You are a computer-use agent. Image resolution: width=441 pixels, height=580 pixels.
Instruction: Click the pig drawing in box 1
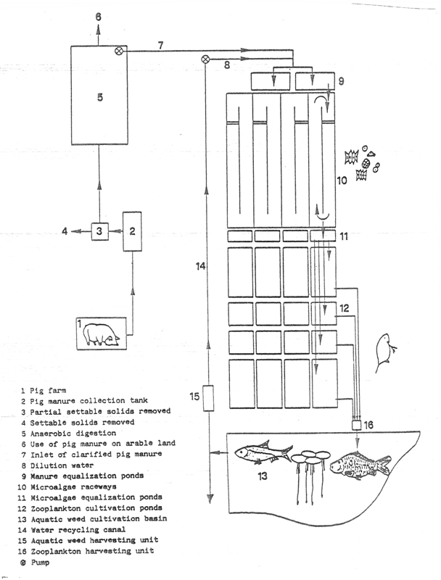[102, 334]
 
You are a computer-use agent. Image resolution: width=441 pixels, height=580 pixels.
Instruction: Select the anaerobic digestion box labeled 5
[99, 95]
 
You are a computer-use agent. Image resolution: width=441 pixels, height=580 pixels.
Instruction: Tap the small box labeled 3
[100, 231]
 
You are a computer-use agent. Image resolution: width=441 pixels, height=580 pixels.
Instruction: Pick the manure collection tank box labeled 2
[132, 231]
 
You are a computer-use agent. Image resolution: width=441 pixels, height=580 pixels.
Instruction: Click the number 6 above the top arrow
[98, 17]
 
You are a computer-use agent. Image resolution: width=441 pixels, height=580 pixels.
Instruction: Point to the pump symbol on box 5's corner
[120, 51]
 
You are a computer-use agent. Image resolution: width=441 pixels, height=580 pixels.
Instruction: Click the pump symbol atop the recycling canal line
[205, 59]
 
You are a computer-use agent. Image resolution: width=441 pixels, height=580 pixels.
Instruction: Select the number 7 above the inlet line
[160, 45]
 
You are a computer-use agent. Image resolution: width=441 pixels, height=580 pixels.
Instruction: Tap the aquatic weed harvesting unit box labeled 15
[209, 398]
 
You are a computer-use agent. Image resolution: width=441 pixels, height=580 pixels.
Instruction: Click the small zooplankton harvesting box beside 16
[356, 425]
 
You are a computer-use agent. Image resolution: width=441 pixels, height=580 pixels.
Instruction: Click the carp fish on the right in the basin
[360, 465]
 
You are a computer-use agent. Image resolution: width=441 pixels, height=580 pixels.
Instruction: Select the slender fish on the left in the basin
[263, 452]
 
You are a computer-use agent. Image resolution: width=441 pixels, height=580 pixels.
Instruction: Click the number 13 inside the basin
[263, 476]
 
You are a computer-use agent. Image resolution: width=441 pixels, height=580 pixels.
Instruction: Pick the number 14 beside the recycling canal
[200, 265]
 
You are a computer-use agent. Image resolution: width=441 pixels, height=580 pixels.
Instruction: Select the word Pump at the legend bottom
[40, 563]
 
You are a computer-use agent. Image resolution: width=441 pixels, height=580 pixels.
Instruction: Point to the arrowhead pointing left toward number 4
[75, 231]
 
